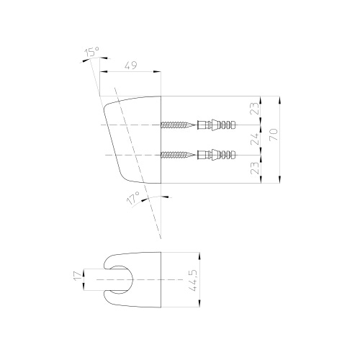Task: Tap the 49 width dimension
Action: pos(130,65)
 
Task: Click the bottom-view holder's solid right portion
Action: pos(148,278)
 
